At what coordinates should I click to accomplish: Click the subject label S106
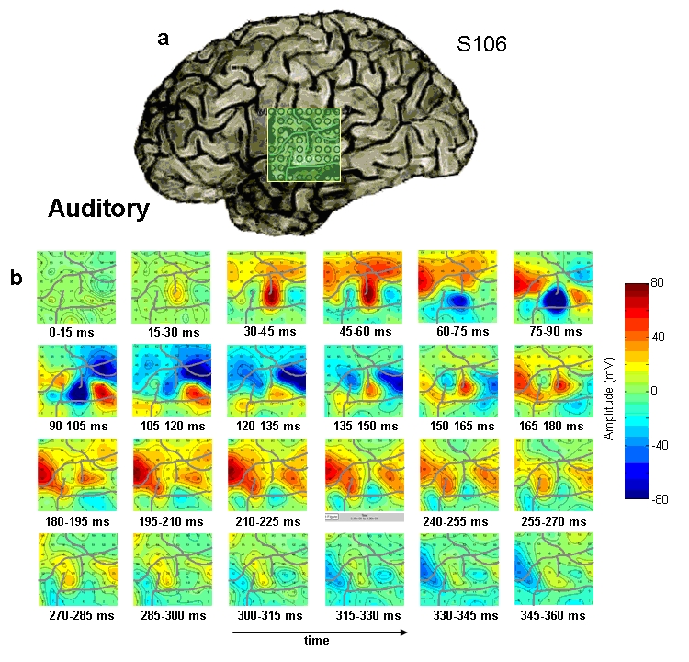(482, 43)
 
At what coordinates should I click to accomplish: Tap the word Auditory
(98, 209)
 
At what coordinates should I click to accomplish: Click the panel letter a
(164, 38)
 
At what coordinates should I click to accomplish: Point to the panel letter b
(17, 277)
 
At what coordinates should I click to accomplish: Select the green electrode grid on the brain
(304, 144)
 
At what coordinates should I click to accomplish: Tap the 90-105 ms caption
(75, 427)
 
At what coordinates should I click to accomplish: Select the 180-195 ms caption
(75, 521)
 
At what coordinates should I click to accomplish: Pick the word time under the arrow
(316, 643)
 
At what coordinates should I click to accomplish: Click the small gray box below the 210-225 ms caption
(363, 518)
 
